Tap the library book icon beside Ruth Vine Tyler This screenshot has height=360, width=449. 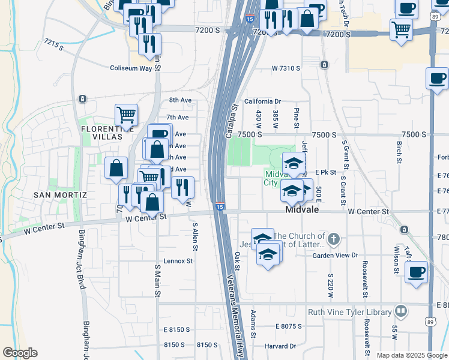click(400, 311)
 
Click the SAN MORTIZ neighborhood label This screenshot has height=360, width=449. click(61, 195)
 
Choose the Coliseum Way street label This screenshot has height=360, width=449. click(131, 68)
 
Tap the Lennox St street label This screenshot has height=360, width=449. click(178, 261)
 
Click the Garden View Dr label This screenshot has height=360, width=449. click(335, 254)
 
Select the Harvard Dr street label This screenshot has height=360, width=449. click(280, 346)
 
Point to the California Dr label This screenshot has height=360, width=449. click(262, 102)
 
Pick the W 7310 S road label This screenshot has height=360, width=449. click(286, 68)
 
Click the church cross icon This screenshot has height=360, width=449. click(335, 240)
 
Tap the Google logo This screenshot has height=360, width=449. click(20, 352)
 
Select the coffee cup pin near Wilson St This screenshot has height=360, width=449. click(417, 272)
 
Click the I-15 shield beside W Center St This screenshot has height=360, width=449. click(220, 206)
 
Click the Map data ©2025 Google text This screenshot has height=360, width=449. click(411, 355)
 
